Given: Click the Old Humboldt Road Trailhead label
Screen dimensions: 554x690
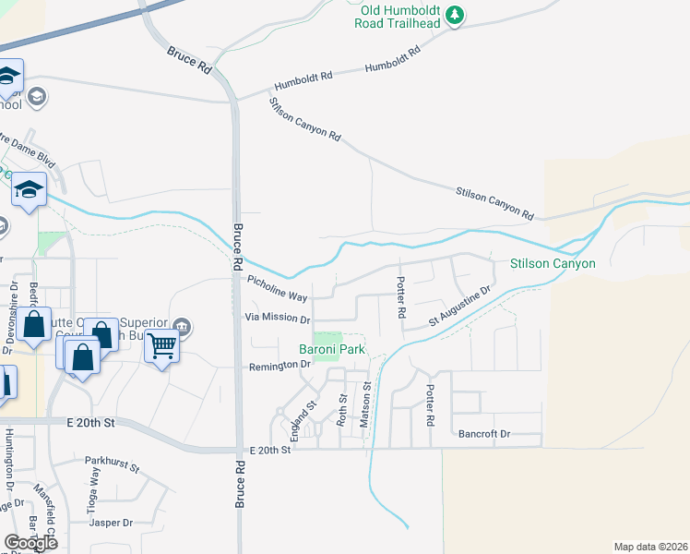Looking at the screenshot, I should coord(395,16).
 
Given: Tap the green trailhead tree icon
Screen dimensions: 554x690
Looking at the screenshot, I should coord(454,15).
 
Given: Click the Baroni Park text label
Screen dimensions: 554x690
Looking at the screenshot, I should coord(332,349).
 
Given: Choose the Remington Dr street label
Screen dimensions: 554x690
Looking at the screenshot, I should coord(281,366).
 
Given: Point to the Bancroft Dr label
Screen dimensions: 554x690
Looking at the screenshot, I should coord(484,433).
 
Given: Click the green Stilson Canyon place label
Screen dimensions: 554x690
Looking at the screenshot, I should coord(553,263).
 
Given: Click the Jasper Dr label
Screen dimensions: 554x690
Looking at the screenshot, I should coord(112,523).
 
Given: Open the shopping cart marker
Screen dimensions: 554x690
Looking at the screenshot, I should coord(162,346).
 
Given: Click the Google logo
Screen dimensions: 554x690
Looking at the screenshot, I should coord(30,542).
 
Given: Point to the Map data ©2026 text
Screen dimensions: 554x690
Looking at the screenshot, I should coord(650,547).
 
